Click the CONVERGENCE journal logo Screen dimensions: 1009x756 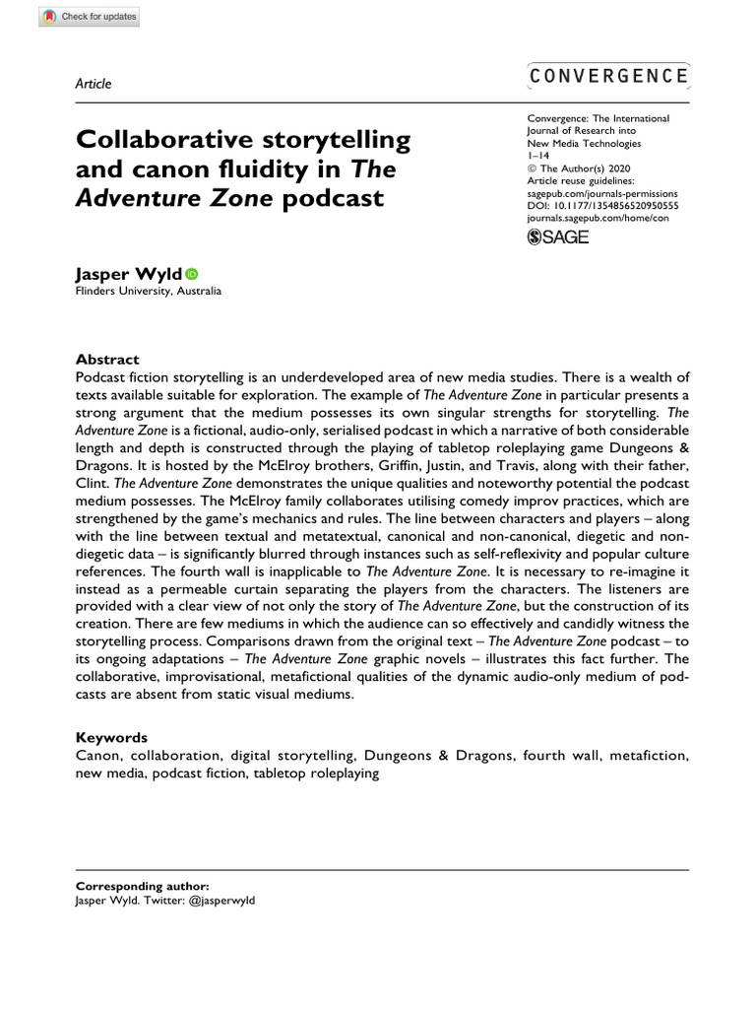[608, 76]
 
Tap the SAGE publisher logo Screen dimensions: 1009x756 [558, 236]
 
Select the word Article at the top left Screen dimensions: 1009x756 [93, 83]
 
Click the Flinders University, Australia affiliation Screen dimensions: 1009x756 [149, 292]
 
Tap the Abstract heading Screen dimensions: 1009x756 [107, 360]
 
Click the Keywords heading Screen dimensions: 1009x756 [111, 737]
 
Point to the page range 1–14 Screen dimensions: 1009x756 [539, 156]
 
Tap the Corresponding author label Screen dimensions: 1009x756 [142, 887]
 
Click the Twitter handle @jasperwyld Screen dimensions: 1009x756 [222, 901]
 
